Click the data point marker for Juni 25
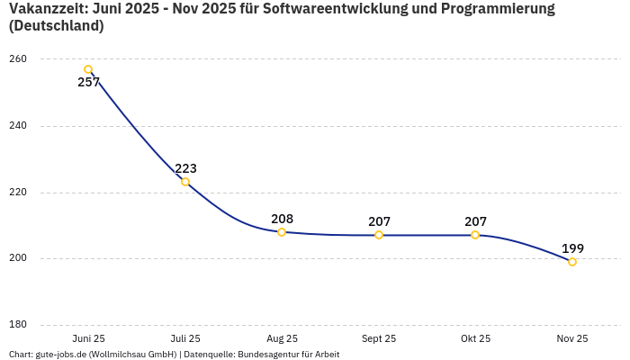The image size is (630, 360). tap(88, 69)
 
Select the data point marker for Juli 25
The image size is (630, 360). tap(185, 182)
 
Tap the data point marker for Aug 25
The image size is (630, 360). tap(282, 232)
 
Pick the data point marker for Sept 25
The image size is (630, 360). tap(379, 235)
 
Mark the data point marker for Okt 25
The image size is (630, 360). tap(475, 235)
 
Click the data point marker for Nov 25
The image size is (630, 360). tap(572, 262)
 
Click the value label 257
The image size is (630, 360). tap(89, 83)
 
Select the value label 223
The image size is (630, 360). tap(185, 168)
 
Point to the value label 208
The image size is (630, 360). tap(282, 219)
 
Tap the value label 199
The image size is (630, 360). tap(572, 248)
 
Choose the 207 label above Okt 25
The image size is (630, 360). tap(475, 221)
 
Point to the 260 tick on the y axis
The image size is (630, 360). tap(18, 59)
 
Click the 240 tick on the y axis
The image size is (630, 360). tap(18, 126)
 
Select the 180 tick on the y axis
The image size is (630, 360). tap(18, 325)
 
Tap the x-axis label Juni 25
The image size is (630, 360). tap(88, 338)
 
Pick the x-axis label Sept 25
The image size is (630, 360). tap(379, 338)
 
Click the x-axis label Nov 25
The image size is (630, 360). tap(572, 338)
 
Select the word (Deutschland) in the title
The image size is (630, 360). tap(56, 26)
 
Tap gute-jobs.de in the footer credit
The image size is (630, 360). tap(60, 355)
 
